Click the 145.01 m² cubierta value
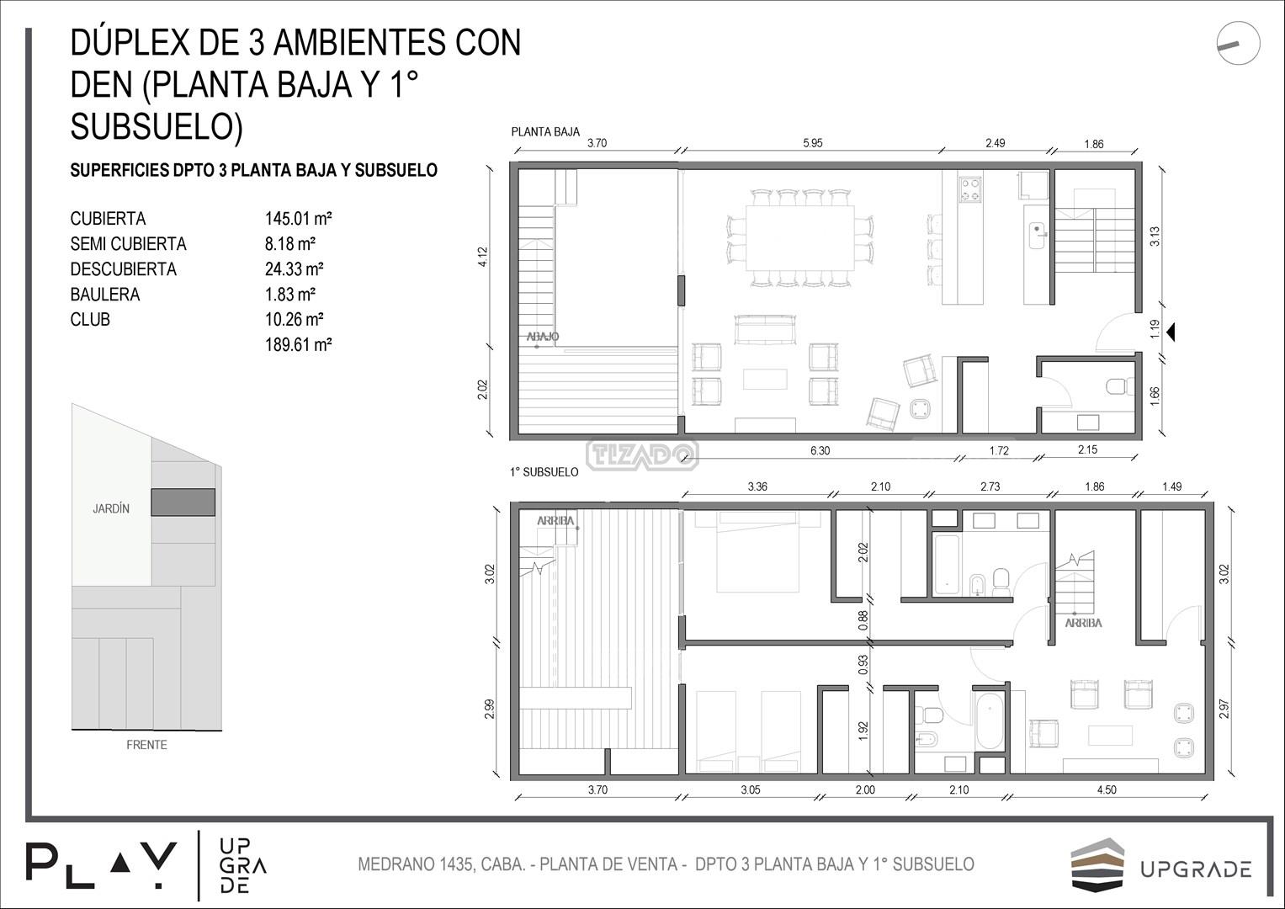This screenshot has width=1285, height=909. pos(298,219)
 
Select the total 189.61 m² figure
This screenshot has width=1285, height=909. pos(298,345)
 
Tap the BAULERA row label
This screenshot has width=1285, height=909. pos(105,295)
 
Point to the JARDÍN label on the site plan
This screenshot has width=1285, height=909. pos(111,508)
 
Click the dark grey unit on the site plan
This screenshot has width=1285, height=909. pos(183,502)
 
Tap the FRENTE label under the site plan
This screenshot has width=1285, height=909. pos(147,745)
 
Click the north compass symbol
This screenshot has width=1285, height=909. pos(1238,44)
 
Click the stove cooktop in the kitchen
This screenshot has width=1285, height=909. pos(970,189)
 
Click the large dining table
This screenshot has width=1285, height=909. pos(800,238)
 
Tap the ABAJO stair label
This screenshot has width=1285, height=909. pos(543,337)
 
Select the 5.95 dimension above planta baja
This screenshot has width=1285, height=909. pos(812,143)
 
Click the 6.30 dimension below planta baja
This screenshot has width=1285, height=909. pos(820,450)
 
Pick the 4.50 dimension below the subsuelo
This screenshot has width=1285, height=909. pos(1107,789)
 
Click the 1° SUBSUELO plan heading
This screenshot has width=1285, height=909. pos(544,472)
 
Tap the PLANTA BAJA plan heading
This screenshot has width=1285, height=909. pos(545,132)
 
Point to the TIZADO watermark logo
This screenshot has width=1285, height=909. pos(643,455)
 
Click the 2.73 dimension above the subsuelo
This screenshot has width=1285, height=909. pos(990,486)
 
